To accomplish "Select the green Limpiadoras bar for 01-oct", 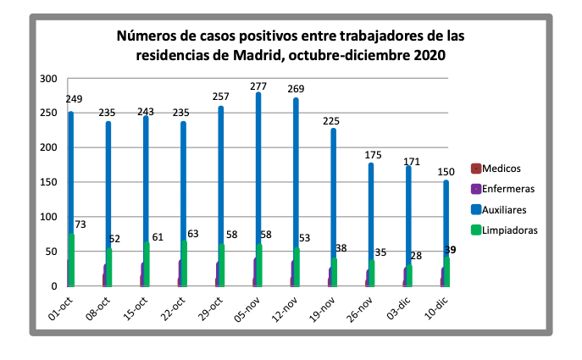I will click(x=72, y=259).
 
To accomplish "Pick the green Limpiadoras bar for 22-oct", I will click(x=184, y=263).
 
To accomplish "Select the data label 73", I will click(x=81, y=224).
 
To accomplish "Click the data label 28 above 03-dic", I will click(x=416, y=255).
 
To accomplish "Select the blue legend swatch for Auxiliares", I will click(x=477, y=209).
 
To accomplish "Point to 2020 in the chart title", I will click(x=429, y=55).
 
